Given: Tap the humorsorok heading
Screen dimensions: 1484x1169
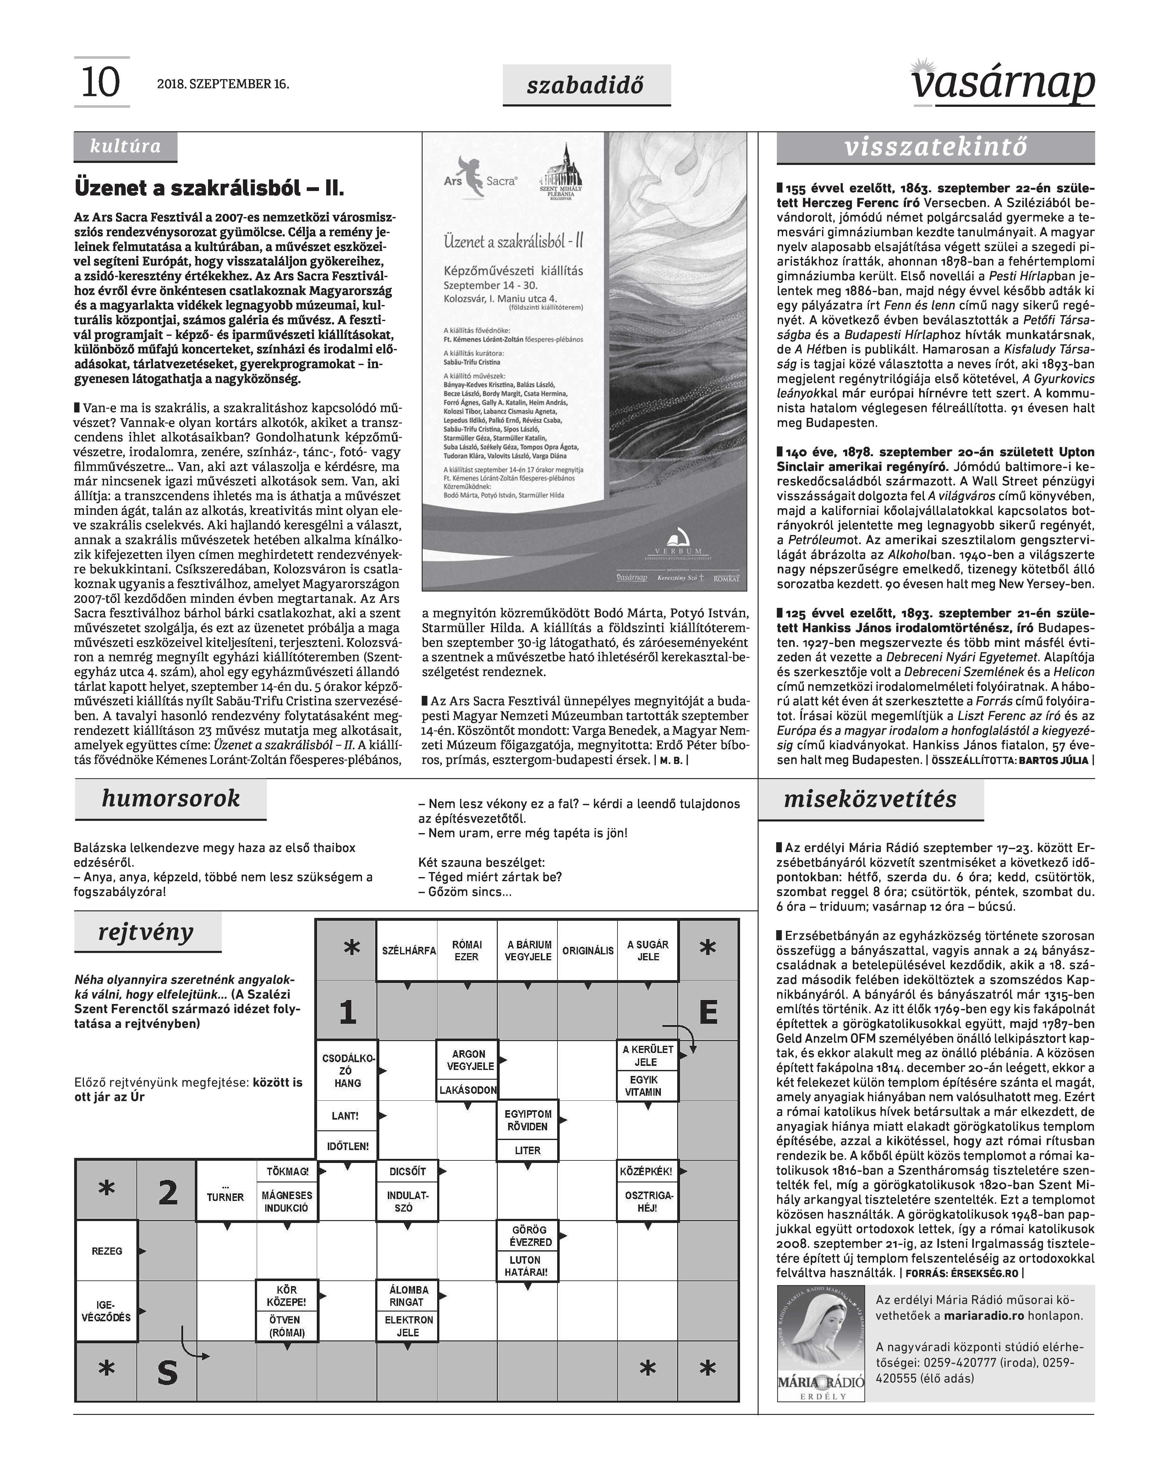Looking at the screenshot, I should (x=170, y=799).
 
